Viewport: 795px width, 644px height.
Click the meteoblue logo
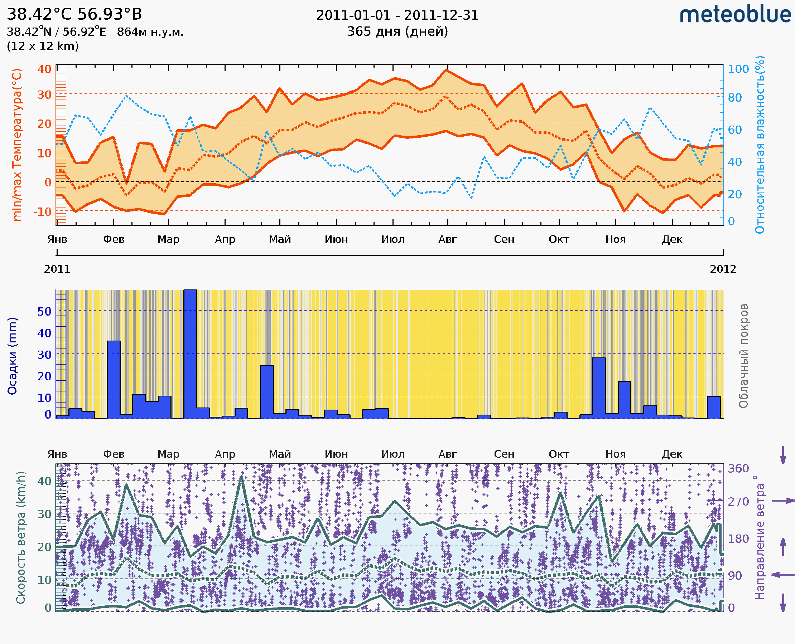[x=735, y=15]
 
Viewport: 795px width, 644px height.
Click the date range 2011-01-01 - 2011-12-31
[x=397, y=15]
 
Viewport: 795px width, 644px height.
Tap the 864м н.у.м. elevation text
[x=150, y=32]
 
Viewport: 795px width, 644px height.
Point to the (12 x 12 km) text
[x=43, y=46]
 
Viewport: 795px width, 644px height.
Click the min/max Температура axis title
[x=17, y=145]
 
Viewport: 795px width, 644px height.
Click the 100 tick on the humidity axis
[x=738, y=69]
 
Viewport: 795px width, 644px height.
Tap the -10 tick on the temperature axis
[x=42, y=212]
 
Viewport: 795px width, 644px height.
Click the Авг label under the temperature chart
[x=447, y=239]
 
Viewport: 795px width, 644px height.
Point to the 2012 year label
[x=723, y=269]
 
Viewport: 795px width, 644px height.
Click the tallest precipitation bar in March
[x=190, y=352]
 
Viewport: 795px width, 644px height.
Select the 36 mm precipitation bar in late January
[x=114, y=379]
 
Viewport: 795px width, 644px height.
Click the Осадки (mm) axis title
[x=12, y=356]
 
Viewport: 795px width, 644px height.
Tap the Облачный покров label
[x=743, y=356]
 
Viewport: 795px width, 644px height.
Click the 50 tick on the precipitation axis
[x=44, y=312]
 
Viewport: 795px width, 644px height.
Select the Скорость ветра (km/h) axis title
[x=21, y=537]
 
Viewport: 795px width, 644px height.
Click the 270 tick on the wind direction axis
[x=738, y=502]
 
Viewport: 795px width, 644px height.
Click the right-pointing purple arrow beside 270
[x=783, y=501]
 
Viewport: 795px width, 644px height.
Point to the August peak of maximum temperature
[x=446, y=70]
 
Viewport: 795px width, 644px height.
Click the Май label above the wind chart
[x=280, y=454]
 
